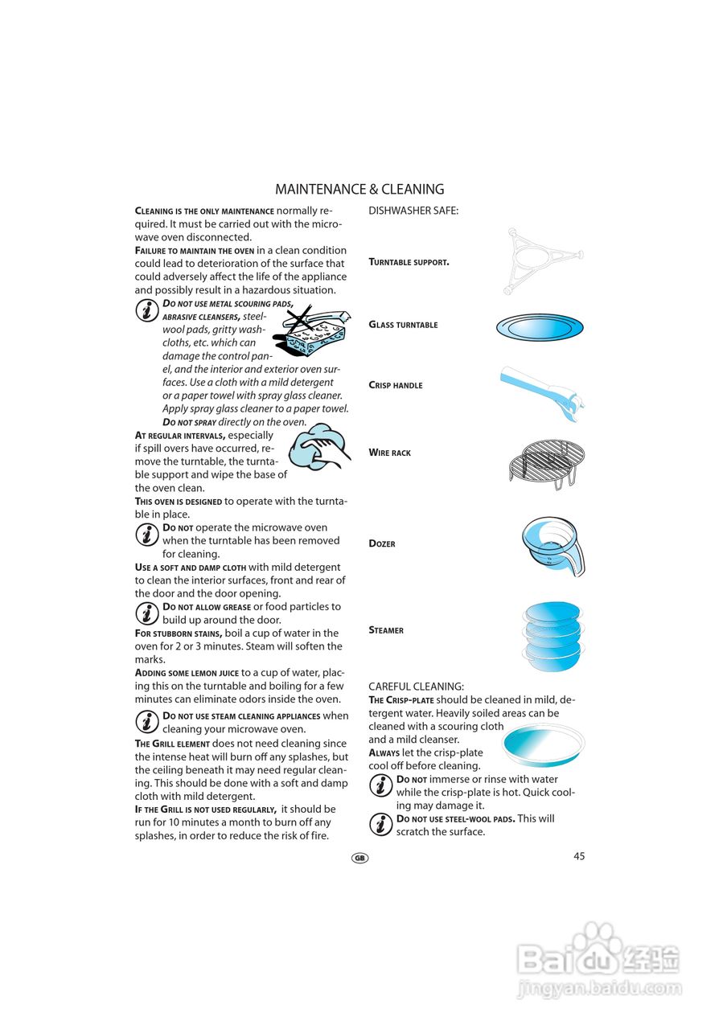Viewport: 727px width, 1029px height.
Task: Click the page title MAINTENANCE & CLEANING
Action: pyautogui.click(x=359, y=190)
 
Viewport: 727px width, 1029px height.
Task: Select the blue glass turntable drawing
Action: pyautogui.click(x=539, y=327)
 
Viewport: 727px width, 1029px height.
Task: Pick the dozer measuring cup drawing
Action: pyautogui.click(x=552, y=544)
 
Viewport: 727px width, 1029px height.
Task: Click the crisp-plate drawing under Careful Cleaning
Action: pyautogui.click(x=543, y=744)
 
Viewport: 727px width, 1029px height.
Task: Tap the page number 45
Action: pyautogui.click(x=579, y=856)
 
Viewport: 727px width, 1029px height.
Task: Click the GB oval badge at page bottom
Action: pyautogui.click(x=359, y=858)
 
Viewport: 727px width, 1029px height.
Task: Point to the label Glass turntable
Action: pyautogui.click(x=403, y=325)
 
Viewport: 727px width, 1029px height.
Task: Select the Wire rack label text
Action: pyautogui.click(x=389, y=453)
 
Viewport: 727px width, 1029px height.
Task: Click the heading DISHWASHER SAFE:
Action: pyautogui.click(x=413, y=211)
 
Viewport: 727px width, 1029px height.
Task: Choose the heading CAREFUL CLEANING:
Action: pyautogui.click(x=416, y=687)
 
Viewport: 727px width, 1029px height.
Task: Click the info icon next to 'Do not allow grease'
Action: pyautogui.click(x=146, y=613)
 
